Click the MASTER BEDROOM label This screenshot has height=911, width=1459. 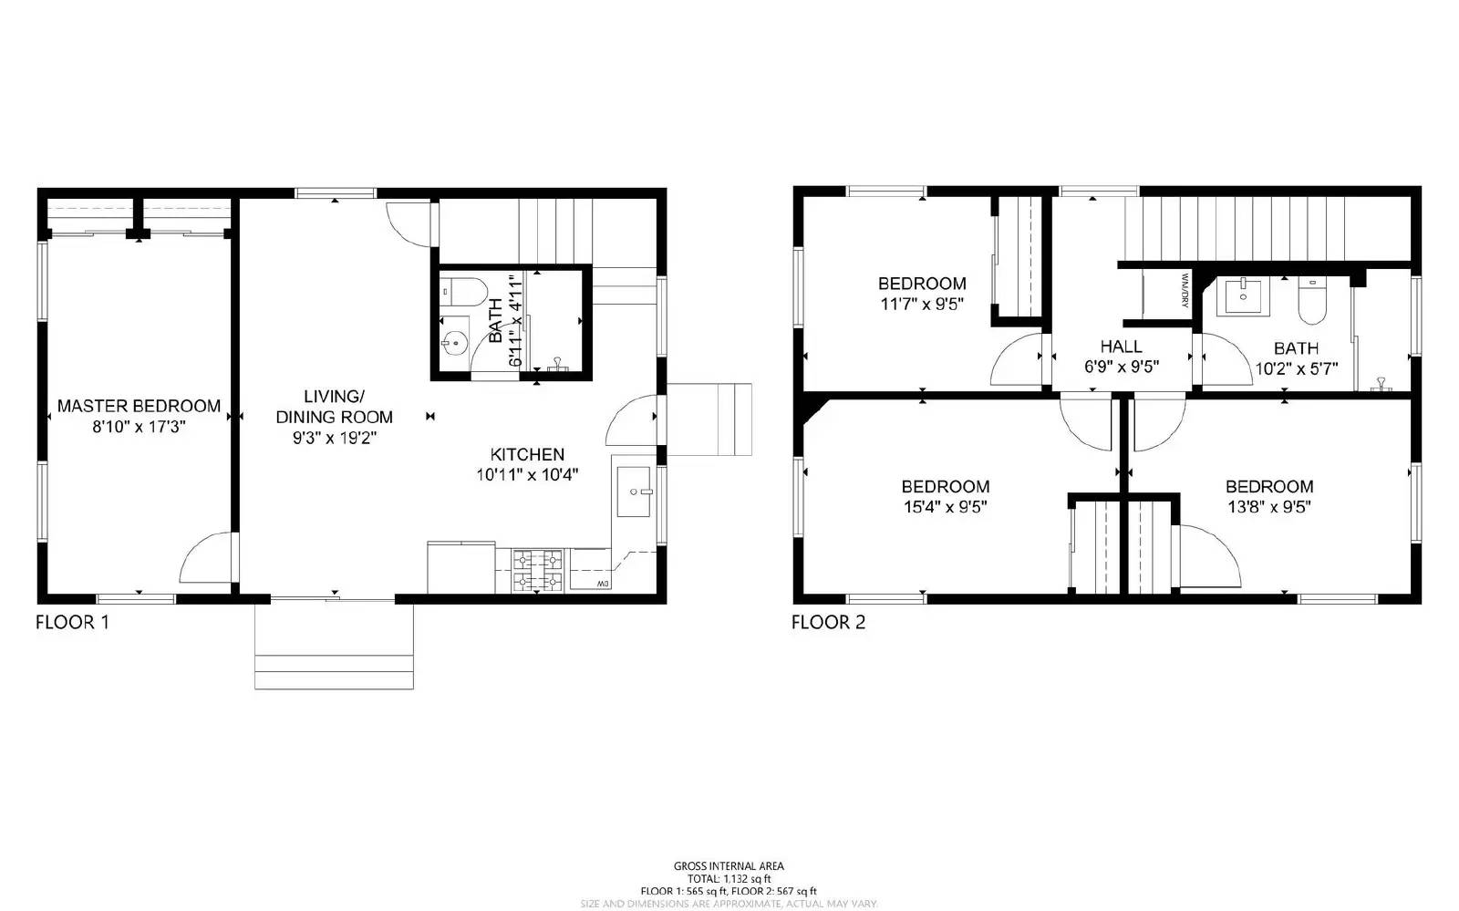pyautogui.click(x=139, y=406)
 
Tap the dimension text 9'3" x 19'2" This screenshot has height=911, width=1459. pyautogui.click(x=334, y=438)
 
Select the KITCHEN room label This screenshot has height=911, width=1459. pyautogui.click(x=527, y=454)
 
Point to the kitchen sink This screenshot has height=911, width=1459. pyautogui.click(x=634, y=492)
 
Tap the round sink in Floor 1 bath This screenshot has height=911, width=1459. pyautogui.click(x=453, y=343)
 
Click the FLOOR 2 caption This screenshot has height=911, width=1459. pyautogui.click(x=828, y=623)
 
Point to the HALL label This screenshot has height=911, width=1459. pyautogui.click(x=1121, y=347)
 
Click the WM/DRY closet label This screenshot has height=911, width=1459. pyautogui.click(x=1185, y=290)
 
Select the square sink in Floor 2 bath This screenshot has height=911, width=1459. pyautogui.click(x=1242, y=295)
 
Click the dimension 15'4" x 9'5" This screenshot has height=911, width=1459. pyautogui.click(x=946, y=507)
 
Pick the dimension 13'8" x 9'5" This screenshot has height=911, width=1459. pyautogui.click(x=1268, y=507)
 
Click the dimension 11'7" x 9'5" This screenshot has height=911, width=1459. pyautogui.click(x=922, y=304)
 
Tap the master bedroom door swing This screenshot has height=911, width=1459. pyautogui.click(x=207, y=558)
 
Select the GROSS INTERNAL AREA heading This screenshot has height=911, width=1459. pyautogui.click(x=729, y=866)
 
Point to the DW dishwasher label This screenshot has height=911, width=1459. pyautogui.click(x=603, y=584)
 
